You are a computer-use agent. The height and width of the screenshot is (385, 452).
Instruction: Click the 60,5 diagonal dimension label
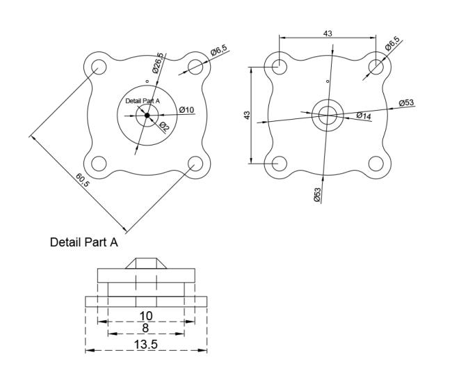click(x=83, y=180)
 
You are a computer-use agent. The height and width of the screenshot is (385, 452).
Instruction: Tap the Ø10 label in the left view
click(x=186, y=110)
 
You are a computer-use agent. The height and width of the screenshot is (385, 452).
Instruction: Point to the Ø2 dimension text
click(x=164, y=127)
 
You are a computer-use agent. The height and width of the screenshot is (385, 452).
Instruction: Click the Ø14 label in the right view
click(x=364, y=116)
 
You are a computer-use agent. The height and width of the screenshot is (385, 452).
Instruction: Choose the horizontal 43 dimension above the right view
click(x=328, y=33)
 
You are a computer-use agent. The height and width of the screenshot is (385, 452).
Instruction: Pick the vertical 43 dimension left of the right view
click(x=247, y=115)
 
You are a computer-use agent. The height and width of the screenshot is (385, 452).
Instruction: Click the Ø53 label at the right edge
click(x=407, y=102)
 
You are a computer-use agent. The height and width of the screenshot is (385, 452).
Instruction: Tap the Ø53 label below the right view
click(x=317, y=195)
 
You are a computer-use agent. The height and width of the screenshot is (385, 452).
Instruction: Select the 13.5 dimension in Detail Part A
click(x=146, y=344)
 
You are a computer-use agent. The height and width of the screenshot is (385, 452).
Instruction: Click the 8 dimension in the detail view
click(x=145, y=328)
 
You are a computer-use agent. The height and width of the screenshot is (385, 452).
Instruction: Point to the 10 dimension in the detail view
click(x=146, y=316)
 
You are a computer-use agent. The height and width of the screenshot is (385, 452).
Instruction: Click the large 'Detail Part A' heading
click(x=84, y=242)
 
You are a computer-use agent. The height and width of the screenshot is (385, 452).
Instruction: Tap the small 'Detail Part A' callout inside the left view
click(x=143, y=101)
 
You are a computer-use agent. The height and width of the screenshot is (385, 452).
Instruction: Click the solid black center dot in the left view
click(x=147, y=115)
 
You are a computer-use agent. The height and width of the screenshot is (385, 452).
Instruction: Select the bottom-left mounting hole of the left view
click(x=99, y=164)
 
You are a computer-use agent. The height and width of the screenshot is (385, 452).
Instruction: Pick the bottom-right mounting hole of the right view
click(x=376, y=164)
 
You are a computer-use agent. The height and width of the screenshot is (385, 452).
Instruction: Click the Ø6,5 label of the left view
click(x=219, y=50)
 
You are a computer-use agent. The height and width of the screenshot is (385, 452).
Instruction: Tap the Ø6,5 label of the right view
click(x=392, y=44)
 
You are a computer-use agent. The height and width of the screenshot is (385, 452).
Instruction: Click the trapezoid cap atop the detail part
click(x=146, y=263)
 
